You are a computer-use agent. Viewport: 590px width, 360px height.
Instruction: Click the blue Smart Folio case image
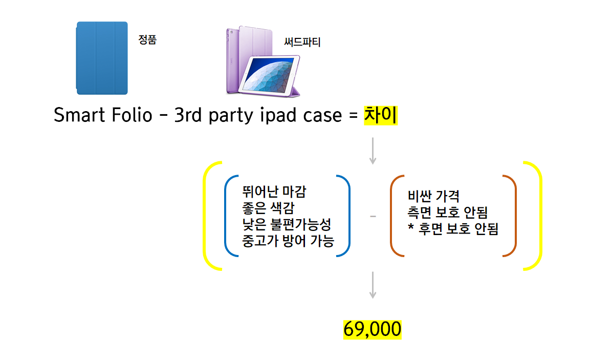(102, 58)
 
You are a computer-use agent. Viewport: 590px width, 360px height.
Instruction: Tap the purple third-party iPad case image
(262, 61)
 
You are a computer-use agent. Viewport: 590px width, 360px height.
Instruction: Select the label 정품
(147, 40)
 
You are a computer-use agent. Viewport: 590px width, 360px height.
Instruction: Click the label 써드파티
(302, 42)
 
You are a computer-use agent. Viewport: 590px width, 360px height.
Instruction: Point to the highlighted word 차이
(380, 116)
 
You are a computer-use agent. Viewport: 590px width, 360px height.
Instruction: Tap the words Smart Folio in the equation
(103, 116)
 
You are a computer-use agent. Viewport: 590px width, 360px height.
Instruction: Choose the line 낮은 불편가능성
(287, 224)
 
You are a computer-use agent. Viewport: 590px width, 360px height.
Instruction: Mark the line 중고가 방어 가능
(288, 240)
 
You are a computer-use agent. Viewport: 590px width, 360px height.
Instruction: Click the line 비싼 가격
(434, 196)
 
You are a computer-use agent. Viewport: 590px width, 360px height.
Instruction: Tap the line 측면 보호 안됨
(448, 212)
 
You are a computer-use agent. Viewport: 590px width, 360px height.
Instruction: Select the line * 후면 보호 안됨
(453, 228)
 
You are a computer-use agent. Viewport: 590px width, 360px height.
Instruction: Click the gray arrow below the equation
(373, 151)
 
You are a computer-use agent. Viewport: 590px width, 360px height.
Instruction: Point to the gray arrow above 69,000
(373, 285)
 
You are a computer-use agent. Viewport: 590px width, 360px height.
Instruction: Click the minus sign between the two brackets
(373, 217)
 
